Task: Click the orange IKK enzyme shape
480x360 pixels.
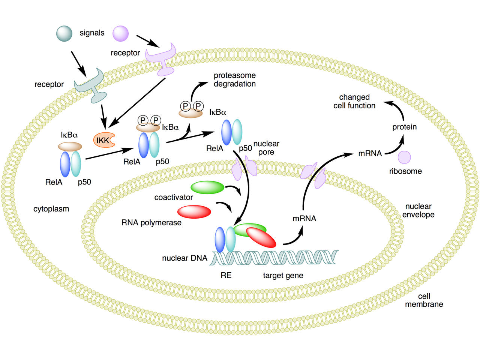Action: (103, 140)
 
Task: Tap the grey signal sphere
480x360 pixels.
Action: (64, 33)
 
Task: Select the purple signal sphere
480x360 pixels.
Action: (120, 33)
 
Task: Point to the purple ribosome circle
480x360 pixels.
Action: (404, 157)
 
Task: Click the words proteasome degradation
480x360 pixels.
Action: (235, 79)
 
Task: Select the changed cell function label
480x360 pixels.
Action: (354, 102)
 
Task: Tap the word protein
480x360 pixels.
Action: (404, 127)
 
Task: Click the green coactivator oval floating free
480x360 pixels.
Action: (207, 187)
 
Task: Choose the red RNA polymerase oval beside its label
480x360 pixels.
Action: (194, 212)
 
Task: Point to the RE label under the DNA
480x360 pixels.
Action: (226, 276)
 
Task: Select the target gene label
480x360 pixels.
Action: (283, 276)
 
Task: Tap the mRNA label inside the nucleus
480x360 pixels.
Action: (304, 219)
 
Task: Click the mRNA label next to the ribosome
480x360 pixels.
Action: (370, 153)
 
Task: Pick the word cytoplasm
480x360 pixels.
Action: (51, 209)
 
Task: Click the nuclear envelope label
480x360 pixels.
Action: (418, 210)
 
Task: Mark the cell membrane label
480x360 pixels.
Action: (424, 300)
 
